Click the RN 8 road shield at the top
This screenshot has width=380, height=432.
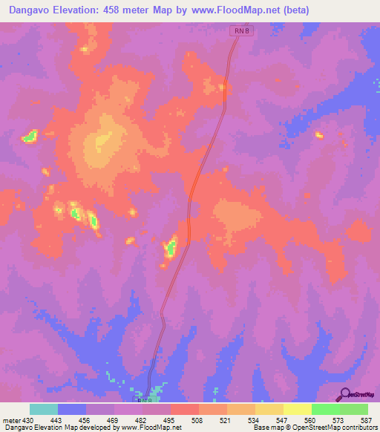pyautogui.click(x=238, y=31)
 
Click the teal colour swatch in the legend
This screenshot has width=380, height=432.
pyautogui.click(x=44, y=409)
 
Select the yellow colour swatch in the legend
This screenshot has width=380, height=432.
pyautogui.click(x=297, y=409)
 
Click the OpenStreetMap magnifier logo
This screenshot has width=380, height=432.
pyautogui.click(x=345, y=395)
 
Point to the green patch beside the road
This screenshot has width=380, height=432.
pyautogui.click(x=170, y=247)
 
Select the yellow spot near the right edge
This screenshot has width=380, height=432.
pyautogui.click(x=319, y=135)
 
